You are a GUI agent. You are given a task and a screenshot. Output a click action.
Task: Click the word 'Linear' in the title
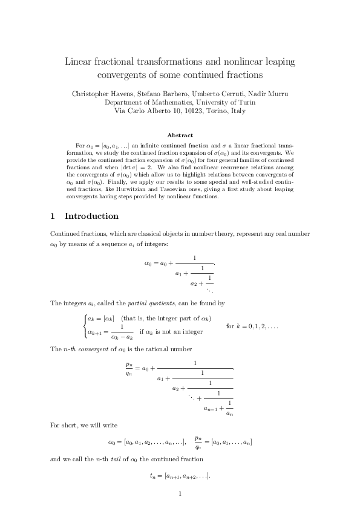(80, 62)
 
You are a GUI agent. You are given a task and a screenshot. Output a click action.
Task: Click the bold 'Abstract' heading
(180, 135)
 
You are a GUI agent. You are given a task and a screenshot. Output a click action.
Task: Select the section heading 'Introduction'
(91, 216)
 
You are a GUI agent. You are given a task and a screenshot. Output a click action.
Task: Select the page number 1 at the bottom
(180, 494)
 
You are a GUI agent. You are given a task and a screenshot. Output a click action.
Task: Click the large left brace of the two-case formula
(84, 325)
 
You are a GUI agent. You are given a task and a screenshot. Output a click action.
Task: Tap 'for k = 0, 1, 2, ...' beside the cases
(252, 326)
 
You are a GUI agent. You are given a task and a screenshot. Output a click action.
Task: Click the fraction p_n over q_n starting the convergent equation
(129, 368)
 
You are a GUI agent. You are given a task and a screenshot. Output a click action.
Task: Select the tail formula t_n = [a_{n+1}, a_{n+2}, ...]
(180, 476)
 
